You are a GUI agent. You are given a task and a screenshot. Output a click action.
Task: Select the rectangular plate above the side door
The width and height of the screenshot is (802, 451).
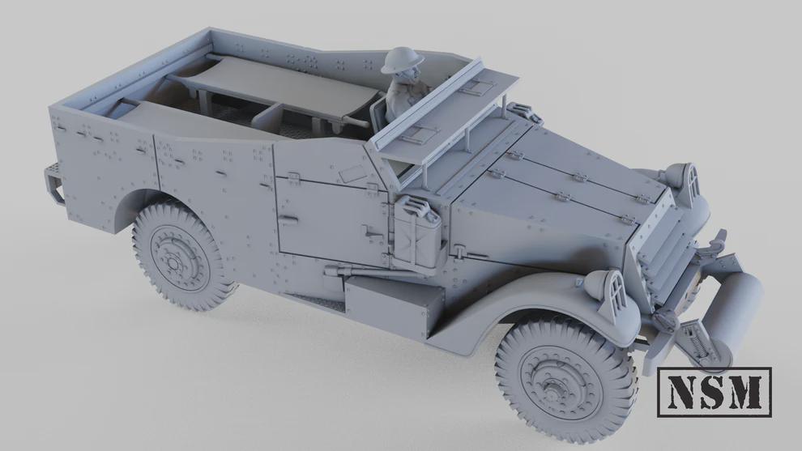[350, 173]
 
